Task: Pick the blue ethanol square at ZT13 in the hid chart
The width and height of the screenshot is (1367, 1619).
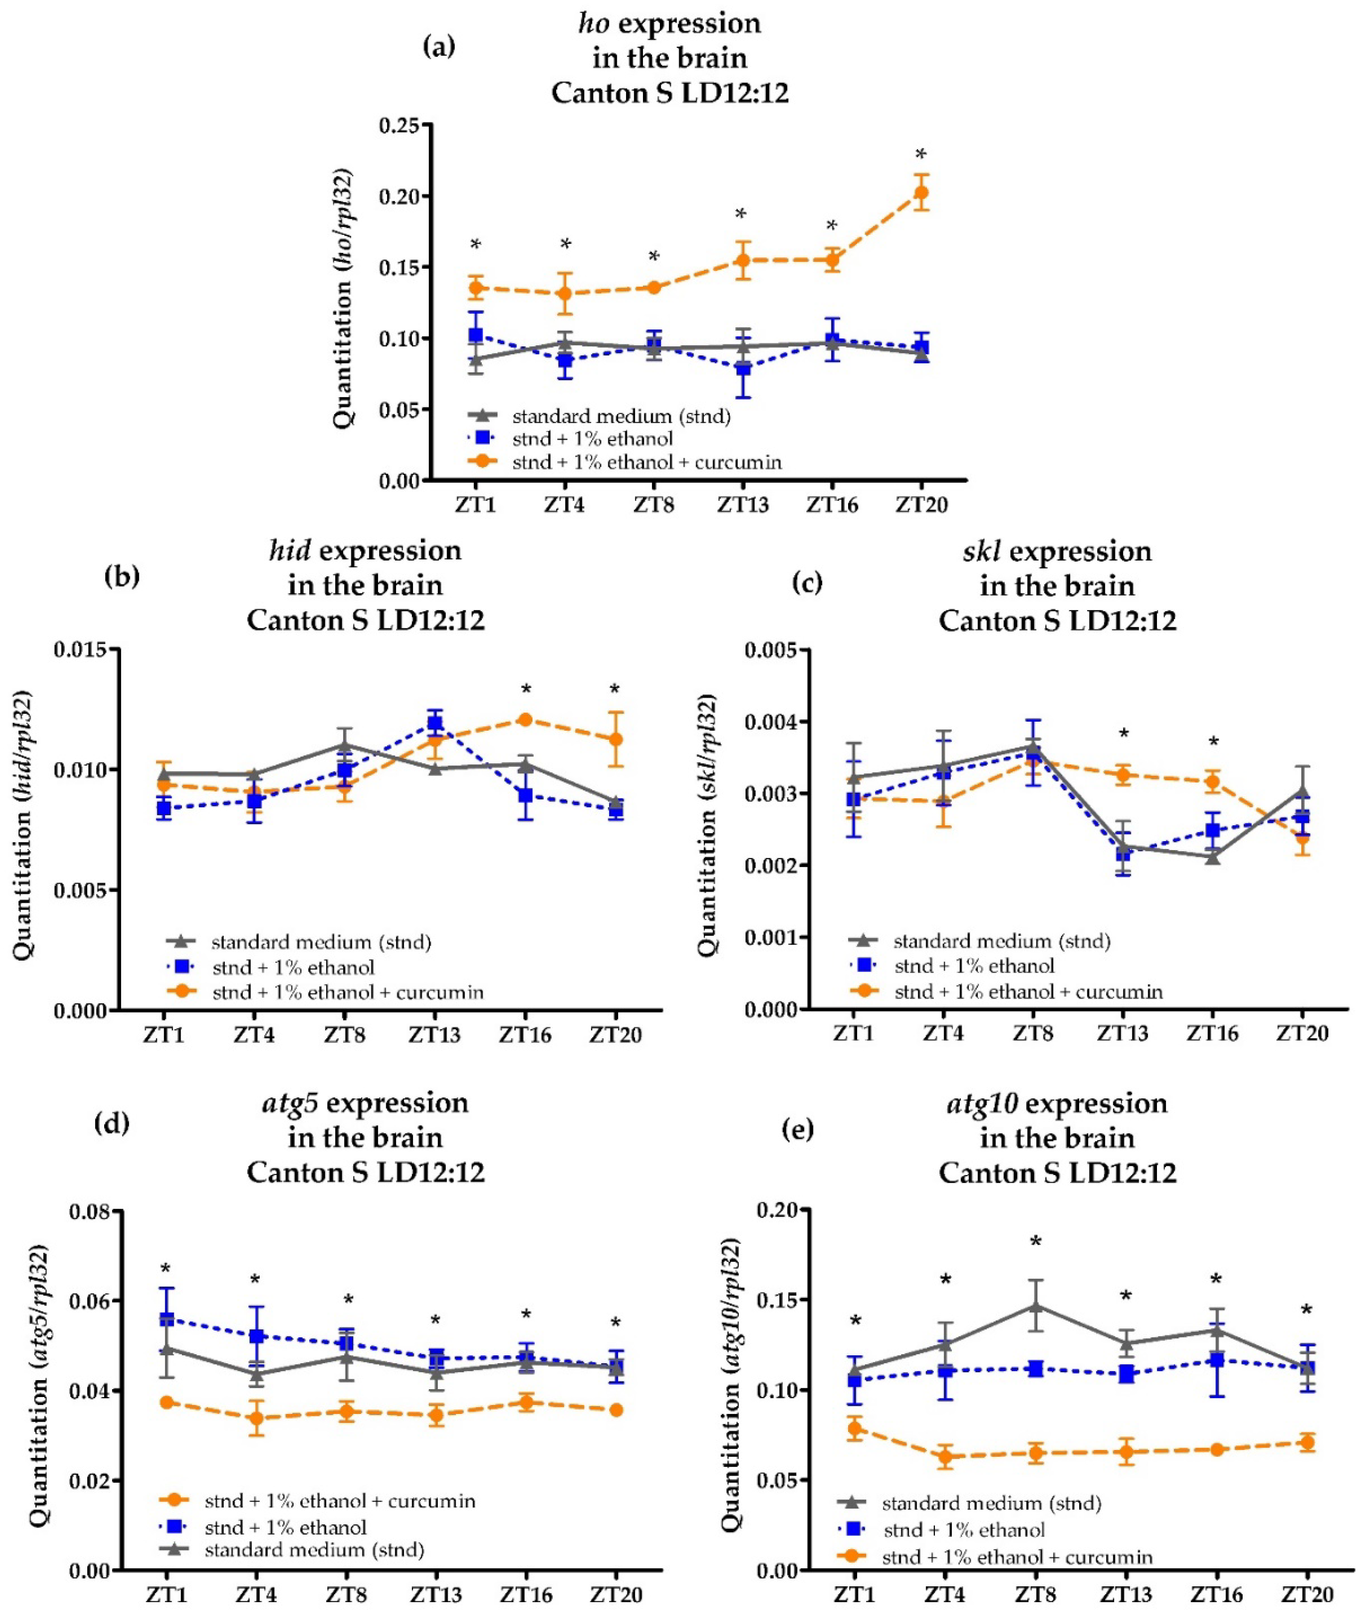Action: [435, 723]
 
